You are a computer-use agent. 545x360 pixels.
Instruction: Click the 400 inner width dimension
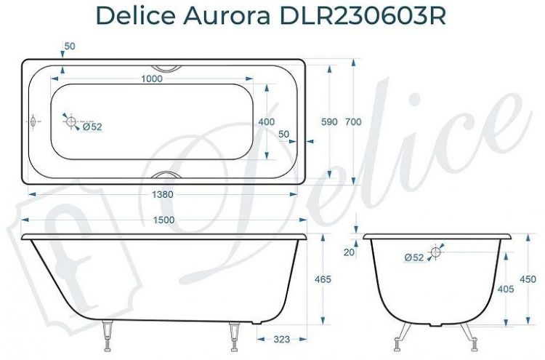click(x=266, y=121)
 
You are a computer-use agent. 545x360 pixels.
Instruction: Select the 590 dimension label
click(x=329, y=121)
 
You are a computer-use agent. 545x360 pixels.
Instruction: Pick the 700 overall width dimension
click(x=353, y=121)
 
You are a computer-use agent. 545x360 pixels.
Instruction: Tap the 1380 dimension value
click(x=163, y=195)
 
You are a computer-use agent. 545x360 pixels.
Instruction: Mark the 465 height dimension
click(x=323, y=279)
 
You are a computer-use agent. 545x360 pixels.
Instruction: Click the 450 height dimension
click(x=528, y=279)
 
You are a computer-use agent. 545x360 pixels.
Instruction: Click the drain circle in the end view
click(x=436, y=252)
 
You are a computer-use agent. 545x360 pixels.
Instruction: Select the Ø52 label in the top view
click(x=92, y=127)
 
